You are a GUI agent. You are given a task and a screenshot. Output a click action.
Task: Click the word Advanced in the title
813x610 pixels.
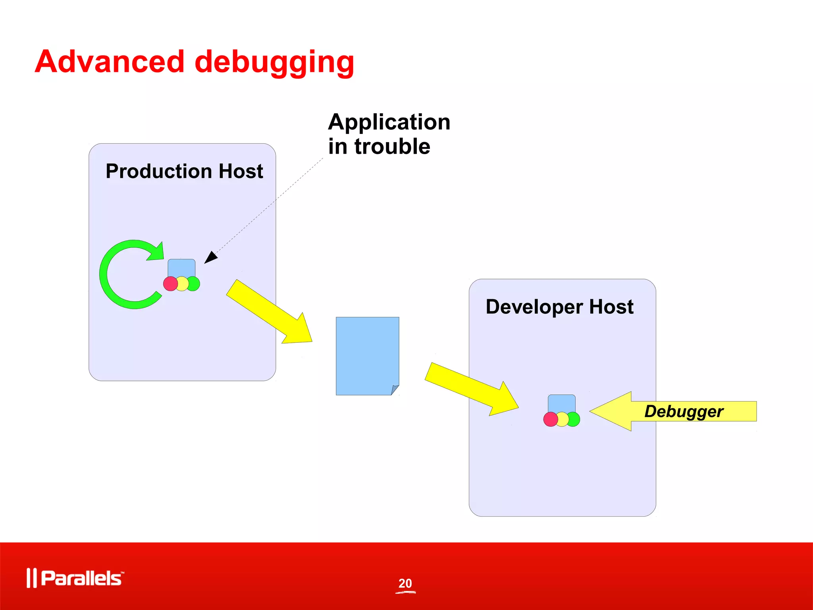click(x=110, y=62)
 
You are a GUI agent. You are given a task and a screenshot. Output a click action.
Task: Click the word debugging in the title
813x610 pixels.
click(x=274, y=63)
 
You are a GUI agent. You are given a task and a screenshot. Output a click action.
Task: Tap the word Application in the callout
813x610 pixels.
click(x=389, y=122)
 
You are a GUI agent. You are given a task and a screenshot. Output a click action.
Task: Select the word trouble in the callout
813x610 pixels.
click(x=392, y=147)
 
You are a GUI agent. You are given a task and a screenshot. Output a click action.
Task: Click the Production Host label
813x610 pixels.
click(x=184, y=172)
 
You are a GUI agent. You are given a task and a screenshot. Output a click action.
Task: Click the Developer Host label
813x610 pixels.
click(x=559, y=307)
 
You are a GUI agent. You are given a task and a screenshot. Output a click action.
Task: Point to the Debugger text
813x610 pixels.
click(x=684, y=411)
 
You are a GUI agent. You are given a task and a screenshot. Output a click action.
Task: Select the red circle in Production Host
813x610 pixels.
click(x=170, y=284)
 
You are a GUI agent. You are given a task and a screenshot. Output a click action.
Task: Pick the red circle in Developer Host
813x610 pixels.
click(x=550, y=419)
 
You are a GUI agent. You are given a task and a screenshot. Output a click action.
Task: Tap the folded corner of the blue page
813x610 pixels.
click(x=395, y=390)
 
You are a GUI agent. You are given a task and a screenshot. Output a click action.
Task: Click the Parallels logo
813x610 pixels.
click(x=75, y=578)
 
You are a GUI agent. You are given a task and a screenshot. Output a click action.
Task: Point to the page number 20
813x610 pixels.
click(x=405, y=583)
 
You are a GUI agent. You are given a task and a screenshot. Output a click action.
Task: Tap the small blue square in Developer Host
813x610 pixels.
click(x=561, y=403)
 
